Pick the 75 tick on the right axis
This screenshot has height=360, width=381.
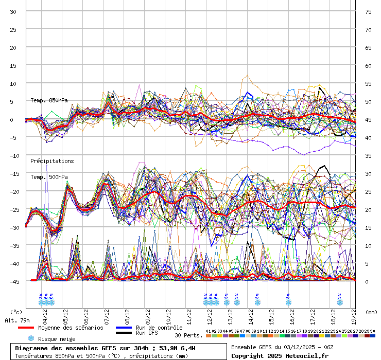368,11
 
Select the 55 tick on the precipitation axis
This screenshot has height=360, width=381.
368,83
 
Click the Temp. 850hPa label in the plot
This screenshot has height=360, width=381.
49,100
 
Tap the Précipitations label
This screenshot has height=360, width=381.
52,161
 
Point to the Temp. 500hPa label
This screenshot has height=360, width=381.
49,177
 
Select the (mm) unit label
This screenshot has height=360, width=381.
371,312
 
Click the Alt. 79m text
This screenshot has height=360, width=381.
16,320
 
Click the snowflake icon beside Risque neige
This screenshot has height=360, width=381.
31,338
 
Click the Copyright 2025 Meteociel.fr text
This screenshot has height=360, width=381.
280,355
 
